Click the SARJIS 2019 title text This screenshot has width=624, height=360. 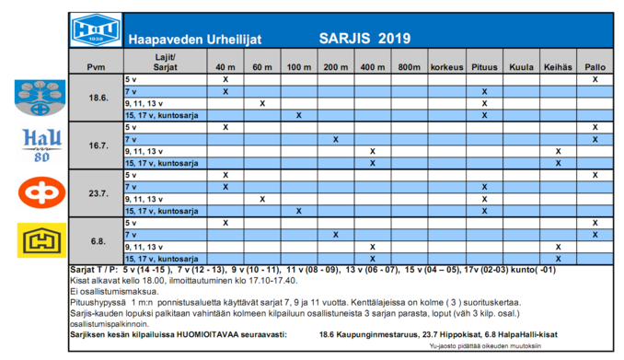[364, 39]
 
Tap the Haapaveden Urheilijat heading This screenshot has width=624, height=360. [195, 40]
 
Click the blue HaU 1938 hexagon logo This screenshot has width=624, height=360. [96, 29]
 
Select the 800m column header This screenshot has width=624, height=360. [410, 67]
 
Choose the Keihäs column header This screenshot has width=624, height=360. [558, 67]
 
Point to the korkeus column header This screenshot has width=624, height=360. [447, 67]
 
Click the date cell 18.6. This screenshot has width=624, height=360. [98, 98]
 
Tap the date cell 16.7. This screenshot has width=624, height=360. [98, 145]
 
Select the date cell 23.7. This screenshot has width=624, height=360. [98, 193]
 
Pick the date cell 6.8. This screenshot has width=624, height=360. [98, 241]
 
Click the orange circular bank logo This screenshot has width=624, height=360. [41, 192]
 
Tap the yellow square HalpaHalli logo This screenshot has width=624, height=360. [41, 240]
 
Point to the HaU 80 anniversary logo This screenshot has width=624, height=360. [41, 145]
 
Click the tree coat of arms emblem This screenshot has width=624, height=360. [40, 98]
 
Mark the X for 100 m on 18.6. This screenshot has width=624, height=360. [299, 115]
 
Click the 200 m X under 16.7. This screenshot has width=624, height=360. [336, 139]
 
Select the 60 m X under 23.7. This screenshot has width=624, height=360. [262, 199]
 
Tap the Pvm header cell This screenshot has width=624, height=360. [96, 67]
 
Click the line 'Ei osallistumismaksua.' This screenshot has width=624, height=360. [114, 292]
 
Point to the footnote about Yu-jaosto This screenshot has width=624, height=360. [485, 345]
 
